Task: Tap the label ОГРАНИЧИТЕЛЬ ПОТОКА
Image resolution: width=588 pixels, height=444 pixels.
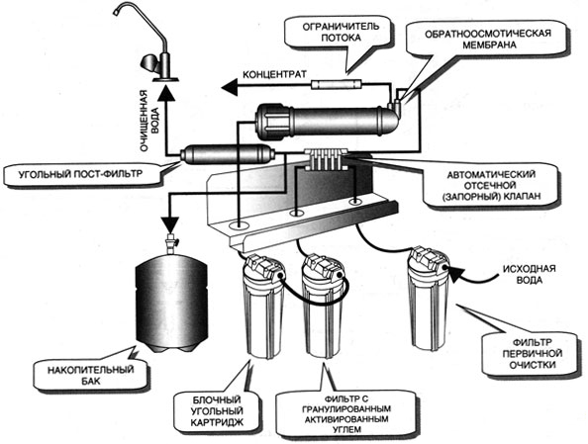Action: (x=341, y=32)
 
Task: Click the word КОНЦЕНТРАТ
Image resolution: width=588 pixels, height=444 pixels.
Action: (x=274, y=74)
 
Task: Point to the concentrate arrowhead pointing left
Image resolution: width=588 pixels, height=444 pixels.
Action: (x=229, y=88)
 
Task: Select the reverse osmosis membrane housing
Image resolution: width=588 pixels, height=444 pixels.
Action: (x=326, y=121)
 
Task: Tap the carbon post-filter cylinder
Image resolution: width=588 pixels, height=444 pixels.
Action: (x=228, y=154)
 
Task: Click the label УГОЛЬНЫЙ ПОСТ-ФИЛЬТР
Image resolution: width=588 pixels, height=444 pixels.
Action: (x=80, y=173)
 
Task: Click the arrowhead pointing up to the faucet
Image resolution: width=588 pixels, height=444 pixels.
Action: (x=165, y=92)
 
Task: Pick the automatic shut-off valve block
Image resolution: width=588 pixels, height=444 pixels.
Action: (x=326, y=159)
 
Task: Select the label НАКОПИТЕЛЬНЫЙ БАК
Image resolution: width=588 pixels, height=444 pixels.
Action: (x=90, y=375)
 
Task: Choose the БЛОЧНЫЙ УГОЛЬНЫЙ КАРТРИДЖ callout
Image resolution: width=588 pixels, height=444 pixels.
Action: (x=217, y=410)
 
